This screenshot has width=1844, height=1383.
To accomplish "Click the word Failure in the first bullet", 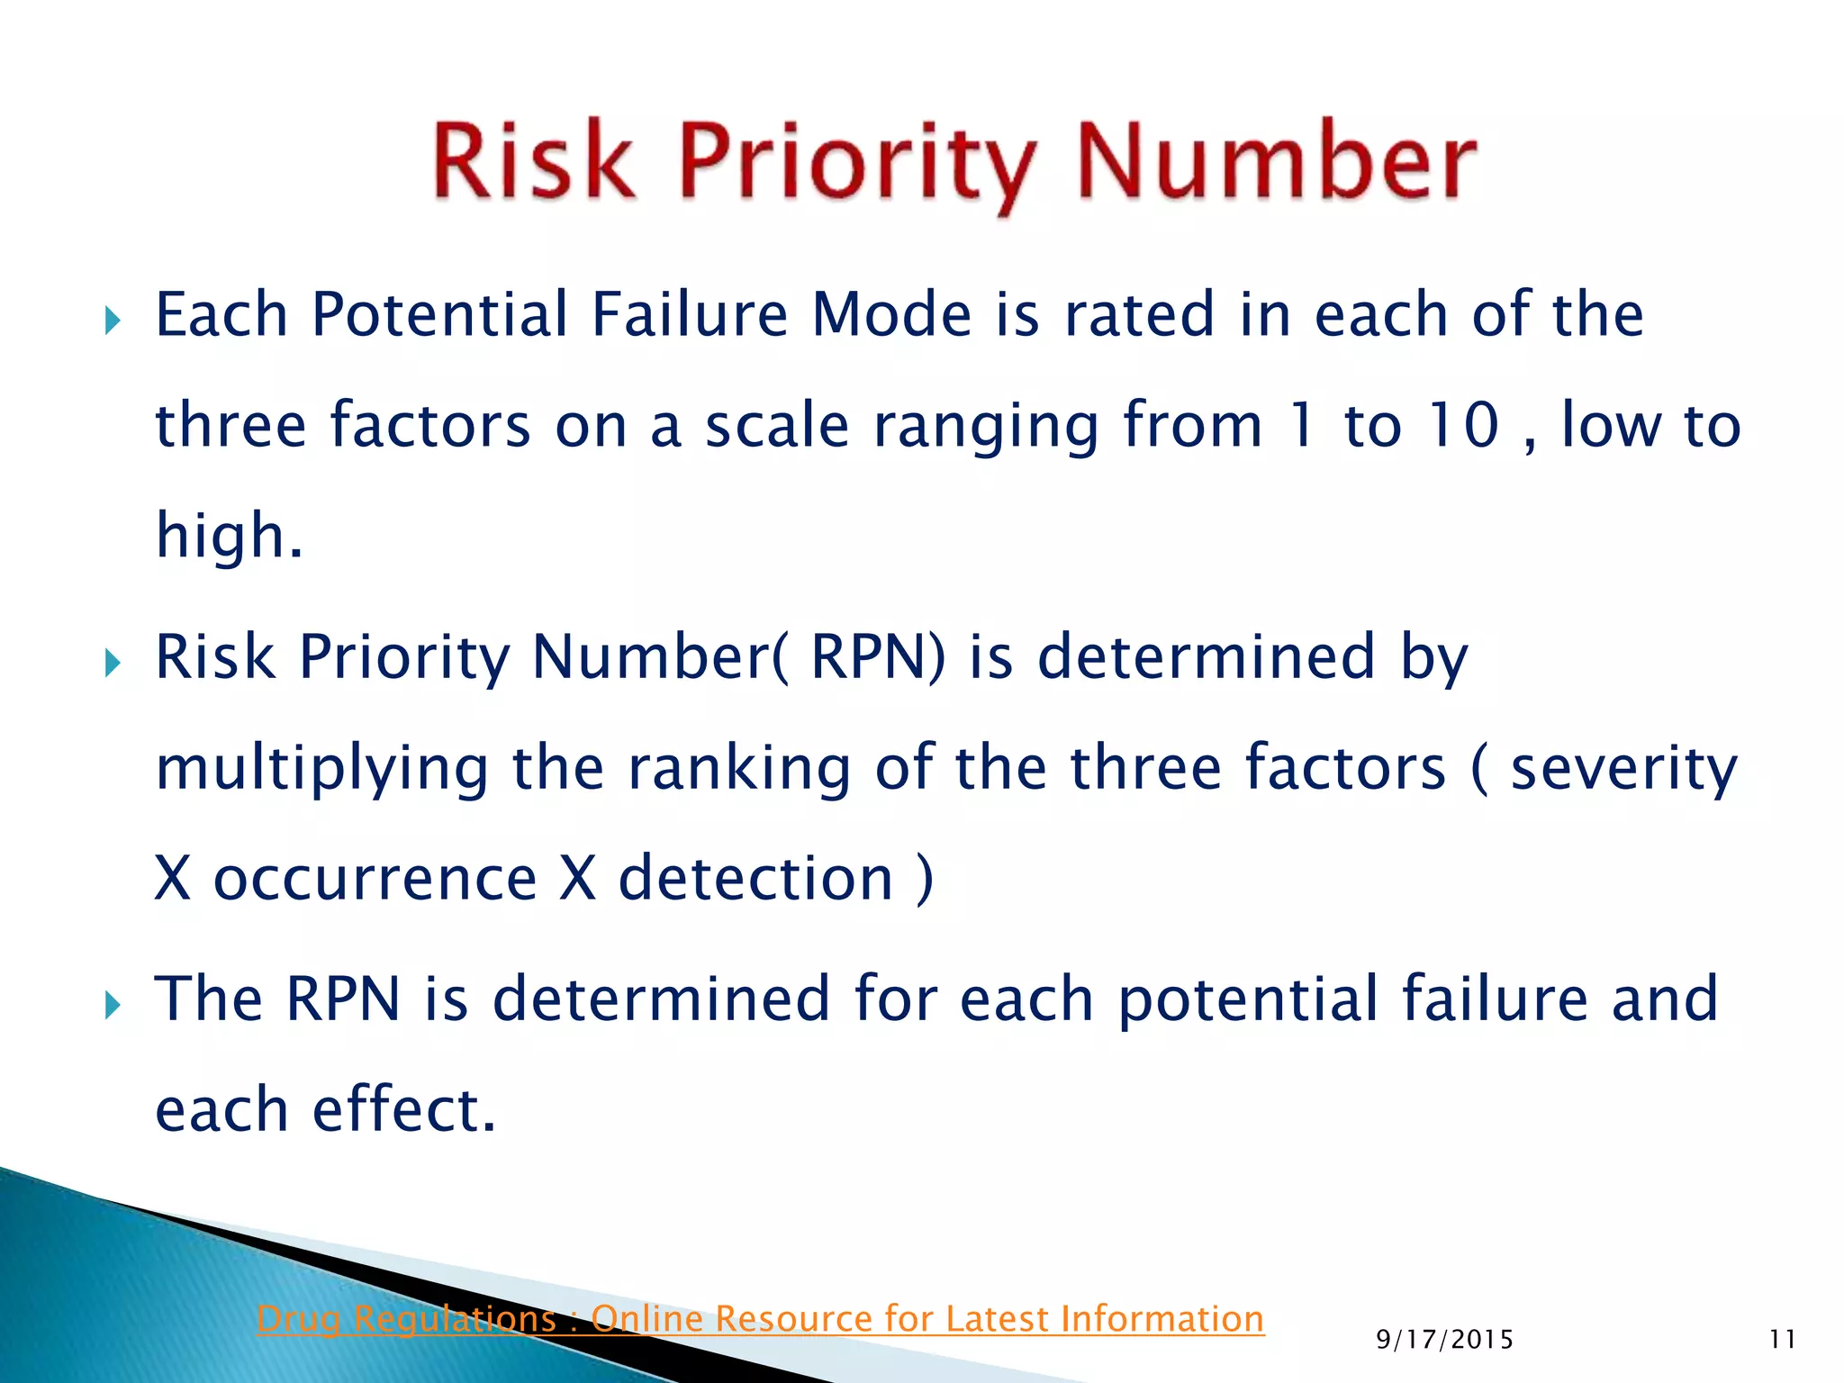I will coord(689,315).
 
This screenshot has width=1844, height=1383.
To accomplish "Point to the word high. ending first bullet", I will coord(229,536).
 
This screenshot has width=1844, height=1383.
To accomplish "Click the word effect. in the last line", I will coord(404,1109).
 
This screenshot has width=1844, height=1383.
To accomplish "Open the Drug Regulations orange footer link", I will coord(760,1319).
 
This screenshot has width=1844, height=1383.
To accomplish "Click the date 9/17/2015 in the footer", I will coord(1444,1340).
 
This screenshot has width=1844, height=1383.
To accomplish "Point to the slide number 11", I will coord(1782,1340).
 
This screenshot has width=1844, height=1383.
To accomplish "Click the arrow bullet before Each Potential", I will coord(112,320).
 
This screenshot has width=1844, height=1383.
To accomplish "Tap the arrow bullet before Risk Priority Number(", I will coord(112,664).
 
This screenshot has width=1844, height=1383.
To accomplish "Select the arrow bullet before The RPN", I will coord(112,1005).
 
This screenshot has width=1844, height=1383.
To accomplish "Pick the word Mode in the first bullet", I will coord(891,315).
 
